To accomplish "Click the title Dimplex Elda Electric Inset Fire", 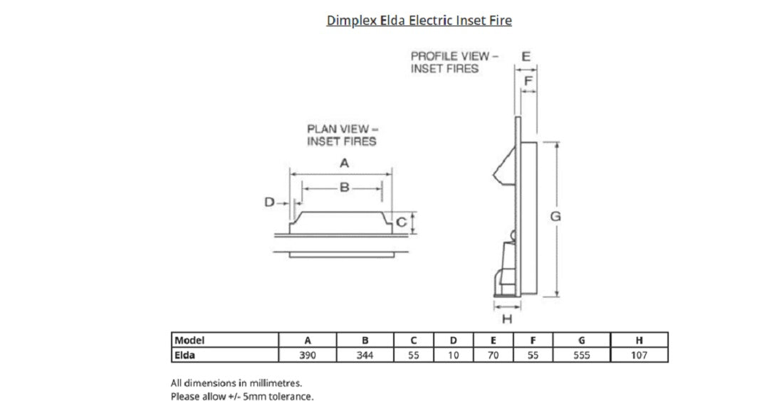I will click(x=419, y=20).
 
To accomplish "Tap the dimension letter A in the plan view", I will click(x=344, y=163).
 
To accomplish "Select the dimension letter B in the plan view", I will click(x=343, y=188).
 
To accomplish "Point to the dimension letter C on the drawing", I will click(x=401, y=223).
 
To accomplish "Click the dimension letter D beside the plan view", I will click(x=270, y=203).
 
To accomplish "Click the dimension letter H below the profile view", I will click(x=507, y=317).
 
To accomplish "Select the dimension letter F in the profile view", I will click(x=528, y=81).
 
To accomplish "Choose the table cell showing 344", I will click(x=364, y=355).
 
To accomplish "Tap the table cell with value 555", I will click(x=582, y=355).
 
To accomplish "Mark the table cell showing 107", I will click(x=639, y=355).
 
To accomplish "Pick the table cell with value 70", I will click(x=493, y=355).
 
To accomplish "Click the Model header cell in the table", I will click(x=189, y=341).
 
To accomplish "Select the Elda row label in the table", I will click(x=185, y=355).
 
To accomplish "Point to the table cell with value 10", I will click(x=453, y=355).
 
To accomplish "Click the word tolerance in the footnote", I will click(x=292, y=396).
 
